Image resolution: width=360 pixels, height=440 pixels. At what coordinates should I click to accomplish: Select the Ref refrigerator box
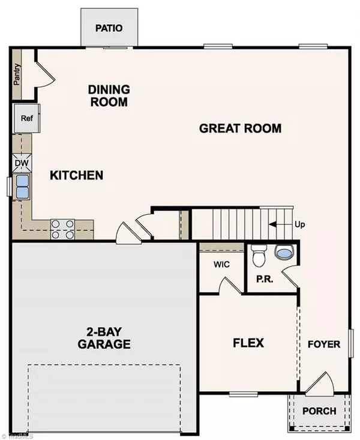point(26,118)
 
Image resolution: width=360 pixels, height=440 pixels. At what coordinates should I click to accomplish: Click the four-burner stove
point(62,229)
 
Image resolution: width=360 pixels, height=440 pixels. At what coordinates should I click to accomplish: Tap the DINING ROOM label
point(108,95)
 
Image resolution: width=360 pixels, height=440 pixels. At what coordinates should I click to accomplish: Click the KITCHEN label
point(76,175)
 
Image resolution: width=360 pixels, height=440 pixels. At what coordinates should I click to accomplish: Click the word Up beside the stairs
point(301,225)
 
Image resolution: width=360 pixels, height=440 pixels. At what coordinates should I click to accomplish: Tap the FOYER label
point(324,345)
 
